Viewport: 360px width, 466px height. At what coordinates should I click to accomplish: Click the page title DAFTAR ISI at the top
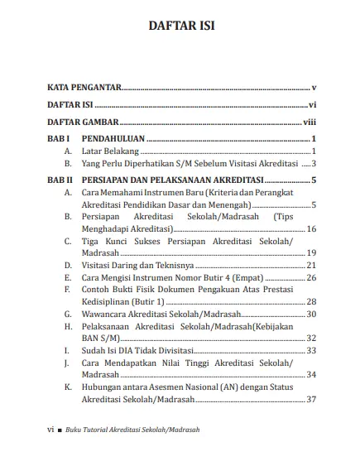180,26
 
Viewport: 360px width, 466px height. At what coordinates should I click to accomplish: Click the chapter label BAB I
59,139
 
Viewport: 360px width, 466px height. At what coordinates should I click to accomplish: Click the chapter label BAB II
60,180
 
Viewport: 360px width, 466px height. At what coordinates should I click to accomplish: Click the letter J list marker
66,363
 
